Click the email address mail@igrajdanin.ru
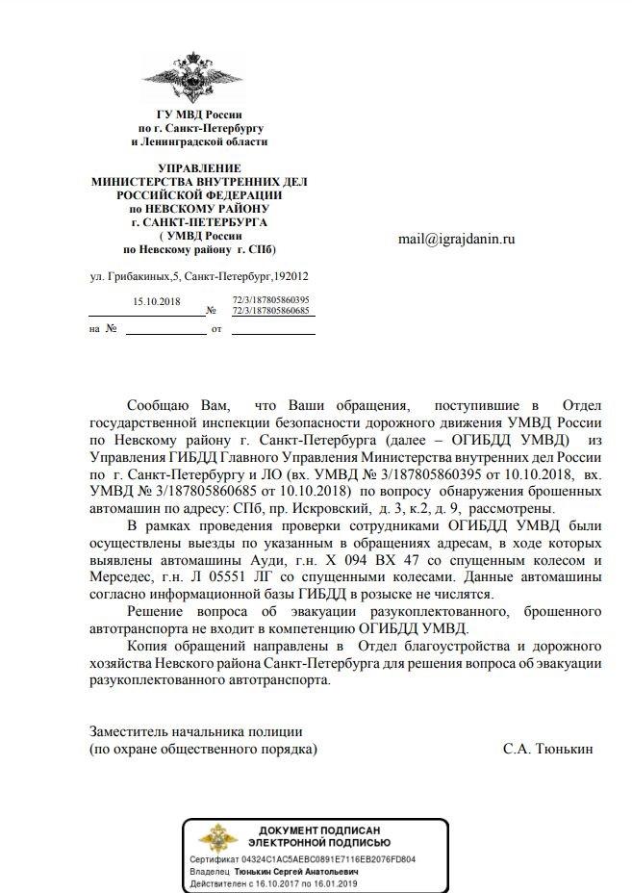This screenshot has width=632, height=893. point(457,239)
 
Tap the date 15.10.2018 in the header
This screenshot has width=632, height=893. point(157,301)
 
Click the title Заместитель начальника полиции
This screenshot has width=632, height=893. point(196,730)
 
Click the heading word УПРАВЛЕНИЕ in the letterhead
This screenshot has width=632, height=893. point(199,169)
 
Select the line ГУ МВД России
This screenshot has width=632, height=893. point(199,115)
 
